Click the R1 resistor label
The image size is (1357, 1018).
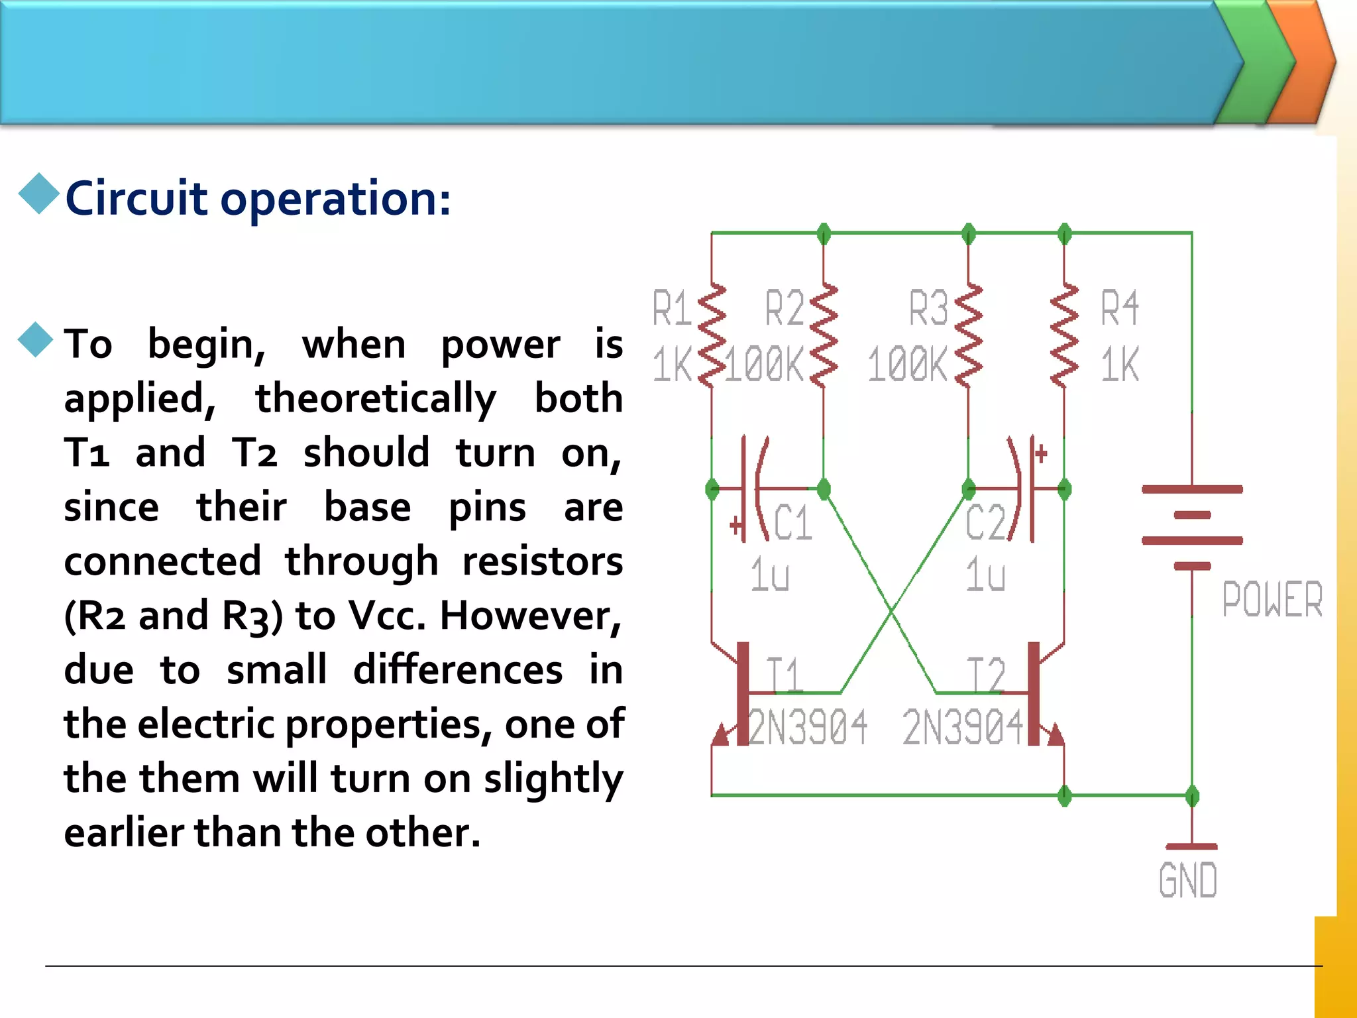[x=672, y=308]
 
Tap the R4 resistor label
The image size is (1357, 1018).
[x=1120, y=308]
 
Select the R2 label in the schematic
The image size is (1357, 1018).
[x=785, y=308]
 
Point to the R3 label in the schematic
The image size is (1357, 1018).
[x=928, y=308]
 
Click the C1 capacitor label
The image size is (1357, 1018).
[x=792, y=523]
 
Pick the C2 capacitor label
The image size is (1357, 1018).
[x=985, y=523]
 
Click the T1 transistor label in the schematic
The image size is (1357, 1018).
[x=785, y=676]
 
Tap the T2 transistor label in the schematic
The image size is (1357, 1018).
[x=986, y=676]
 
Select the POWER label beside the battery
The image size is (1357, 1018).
[x=1272, y=600]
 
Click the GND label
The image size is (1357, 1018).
[x=1188, y=881]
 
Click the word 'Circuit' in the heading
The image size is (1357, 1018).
[x=136, y=198]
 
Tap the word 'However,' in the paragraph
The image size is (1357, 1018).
[x=531, y=616]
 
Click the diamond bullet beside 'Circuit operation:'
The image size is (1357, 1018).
[x=39, y=194]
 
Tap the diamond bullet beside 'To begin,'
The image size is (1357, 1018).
[x=36, y=339]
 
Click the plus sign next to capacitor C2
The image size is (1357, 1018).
[x=1041, y=454]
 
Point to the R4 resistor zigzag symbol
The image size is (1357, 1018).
[x=1064, y=336]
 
